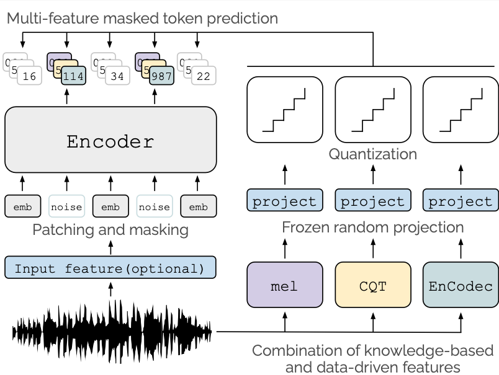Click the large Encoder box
(110, 141)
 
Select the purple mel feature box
(285, 286)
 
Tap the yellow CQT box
(373, 286)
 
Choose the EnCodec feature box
(461, 286)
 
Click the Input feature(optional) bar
(110, 269)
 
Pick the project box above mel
(285, 201)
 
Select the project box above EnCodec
(461, 201)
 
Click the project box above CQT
(373, 201)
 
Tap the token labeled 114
(73, 77)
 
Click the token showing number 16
(29, 77)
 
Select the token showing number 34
(117, 77)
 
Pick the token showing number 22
(204, 77)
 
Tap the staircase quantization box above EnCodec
(461, 109)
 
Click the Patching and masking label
(110, 230)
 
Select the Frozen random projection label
(372, 227)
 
